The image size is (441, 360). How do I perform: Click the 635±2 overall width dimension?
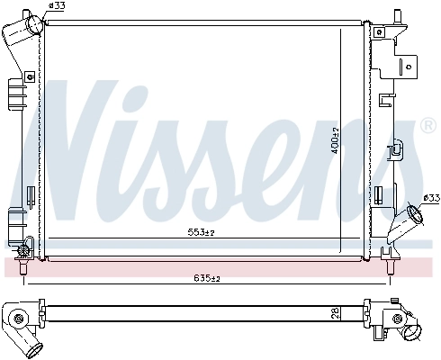pos(207,278)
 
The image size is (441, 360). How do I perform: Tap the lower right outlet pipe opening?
pos(416,217)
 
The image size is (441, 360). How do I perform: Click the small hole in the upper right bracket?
pos(408,64)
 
